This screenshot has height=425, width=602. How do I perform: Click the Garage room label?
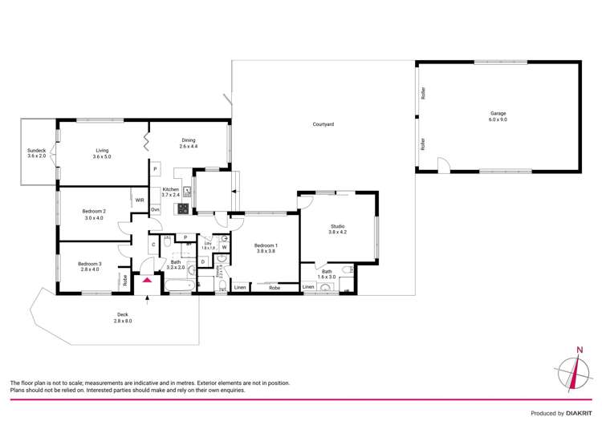click(x=498, y=116)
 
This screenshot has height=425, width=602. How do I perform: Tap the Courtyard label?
click(x=323, y=124)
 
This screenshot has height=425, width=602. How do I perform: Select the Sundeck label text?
click(x=37, y=153)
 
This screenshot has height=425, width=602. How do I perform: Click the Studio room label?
click(x=338, y=229)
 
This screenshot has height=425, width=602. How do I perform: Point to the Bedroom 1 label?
click(x=266, y=248)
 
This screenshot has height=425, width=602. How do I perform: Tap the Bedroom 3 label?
click(x=90, y=266)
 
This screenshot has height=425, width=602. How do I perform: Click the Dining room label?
click(x=188, y=144)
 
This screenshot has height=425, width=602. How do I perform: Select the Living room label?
click(x=102, y=153)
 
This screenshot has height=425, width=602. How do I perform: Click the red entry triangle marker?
click(x=147, y=280)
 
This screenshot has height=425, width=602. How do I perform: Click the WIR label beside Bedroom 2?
click(x=140, y=200)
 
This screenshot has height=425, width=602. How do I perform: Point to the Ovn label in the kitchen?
click(x=155, y=210)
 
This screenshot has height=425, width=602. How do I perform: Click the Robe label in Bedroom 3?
click(x=125, y=280)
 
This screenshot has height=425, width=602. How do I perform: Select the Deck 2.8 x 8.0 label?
click(x=123, y=318)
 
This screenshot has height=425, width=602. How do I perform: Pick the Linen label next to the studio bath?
click(x=308, y=287)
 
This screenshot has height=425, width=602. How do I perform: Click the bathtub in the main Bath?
click(x=175, y=283)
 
